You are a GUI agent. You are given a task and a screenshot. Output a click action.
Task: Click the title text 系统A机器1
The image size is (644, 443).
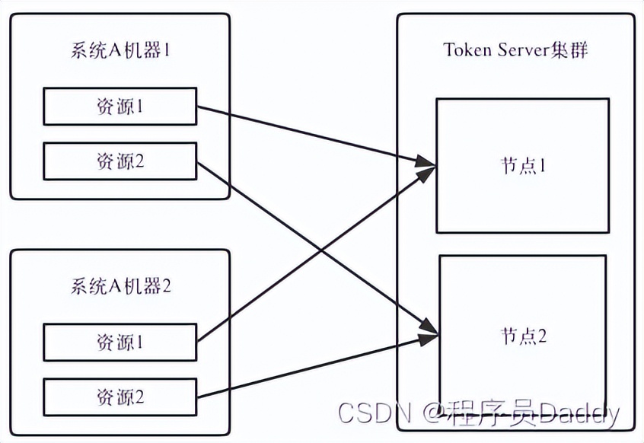coord(120,52)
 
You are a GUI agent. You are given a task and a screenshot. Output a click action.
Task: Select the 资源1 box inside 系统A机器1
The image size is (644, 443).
coord(120,107)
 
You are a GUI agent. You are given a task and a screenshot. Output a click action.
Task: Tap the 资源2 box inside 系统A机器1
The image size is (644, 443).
coord(120,161)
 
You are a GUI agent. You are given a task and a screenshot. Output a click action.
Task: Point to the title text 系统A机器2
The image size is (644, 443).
coord(120,287)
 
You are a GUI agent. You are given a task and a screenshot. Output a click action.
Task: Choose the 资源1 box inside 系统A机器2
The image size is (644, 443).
coord(120,343)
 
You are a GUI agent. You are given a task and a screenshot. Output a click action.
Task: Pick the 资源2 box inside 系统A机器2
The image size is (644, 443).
coord(120,397)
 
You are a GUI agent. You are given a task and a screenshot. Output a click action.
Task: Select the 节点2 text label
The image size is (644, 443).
coord(523,336)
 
